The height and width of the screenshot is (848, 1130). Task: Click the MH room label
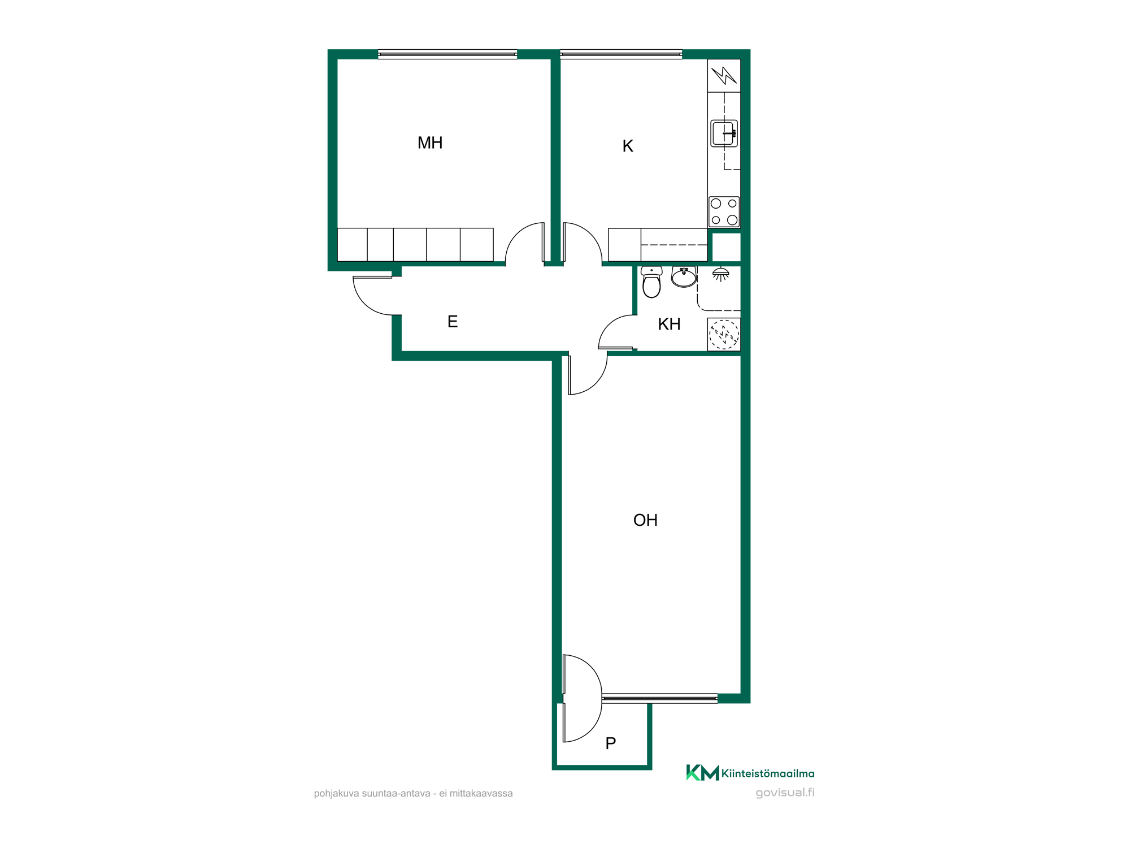pos(430,143)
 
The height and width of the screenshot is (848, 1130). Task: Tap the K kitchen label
pos(628,146)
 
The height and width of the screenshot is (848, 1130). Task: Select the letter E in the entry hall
pos(453,322)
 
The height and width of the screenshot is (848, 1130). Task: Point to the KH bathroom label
pos(670,325)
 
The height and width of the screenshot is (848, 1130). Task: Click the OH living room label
pos(645,520)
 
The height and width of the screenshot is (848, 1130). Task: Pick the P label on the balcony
pos(611,743)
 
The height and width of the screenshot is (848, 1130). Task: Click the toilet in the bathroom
pos(651,282)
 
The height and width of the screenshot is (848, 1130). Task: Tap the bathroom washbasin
pos(684,277)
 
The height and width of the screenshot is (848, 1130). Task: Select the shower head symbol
pos(720,274)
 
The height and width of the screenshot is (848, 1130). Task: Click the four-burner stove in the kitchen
pos(724,212)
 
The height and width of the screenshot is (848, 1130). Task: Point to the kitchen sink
pos(724,133)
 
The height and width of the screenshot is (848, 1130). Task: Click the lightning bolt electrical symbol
pos(724,75)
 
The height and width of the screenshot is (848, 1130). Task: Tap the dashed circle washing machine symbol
pos(724,334)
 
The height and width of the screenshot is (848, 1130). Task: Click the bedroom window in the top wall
pos(447,54)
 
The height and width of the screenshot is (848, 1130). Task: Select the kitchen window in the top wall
pos(621,54)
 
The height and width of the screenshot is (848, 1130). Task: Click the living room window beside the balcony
pos(660,699)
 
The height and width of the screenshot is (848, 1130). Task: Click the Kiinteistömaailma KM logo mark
pos(702,773)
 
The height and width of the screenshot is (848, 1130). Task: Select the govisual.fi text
pos(785,793)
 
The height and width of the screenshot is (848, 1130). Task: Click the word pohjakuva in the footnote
pos(337,794)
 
